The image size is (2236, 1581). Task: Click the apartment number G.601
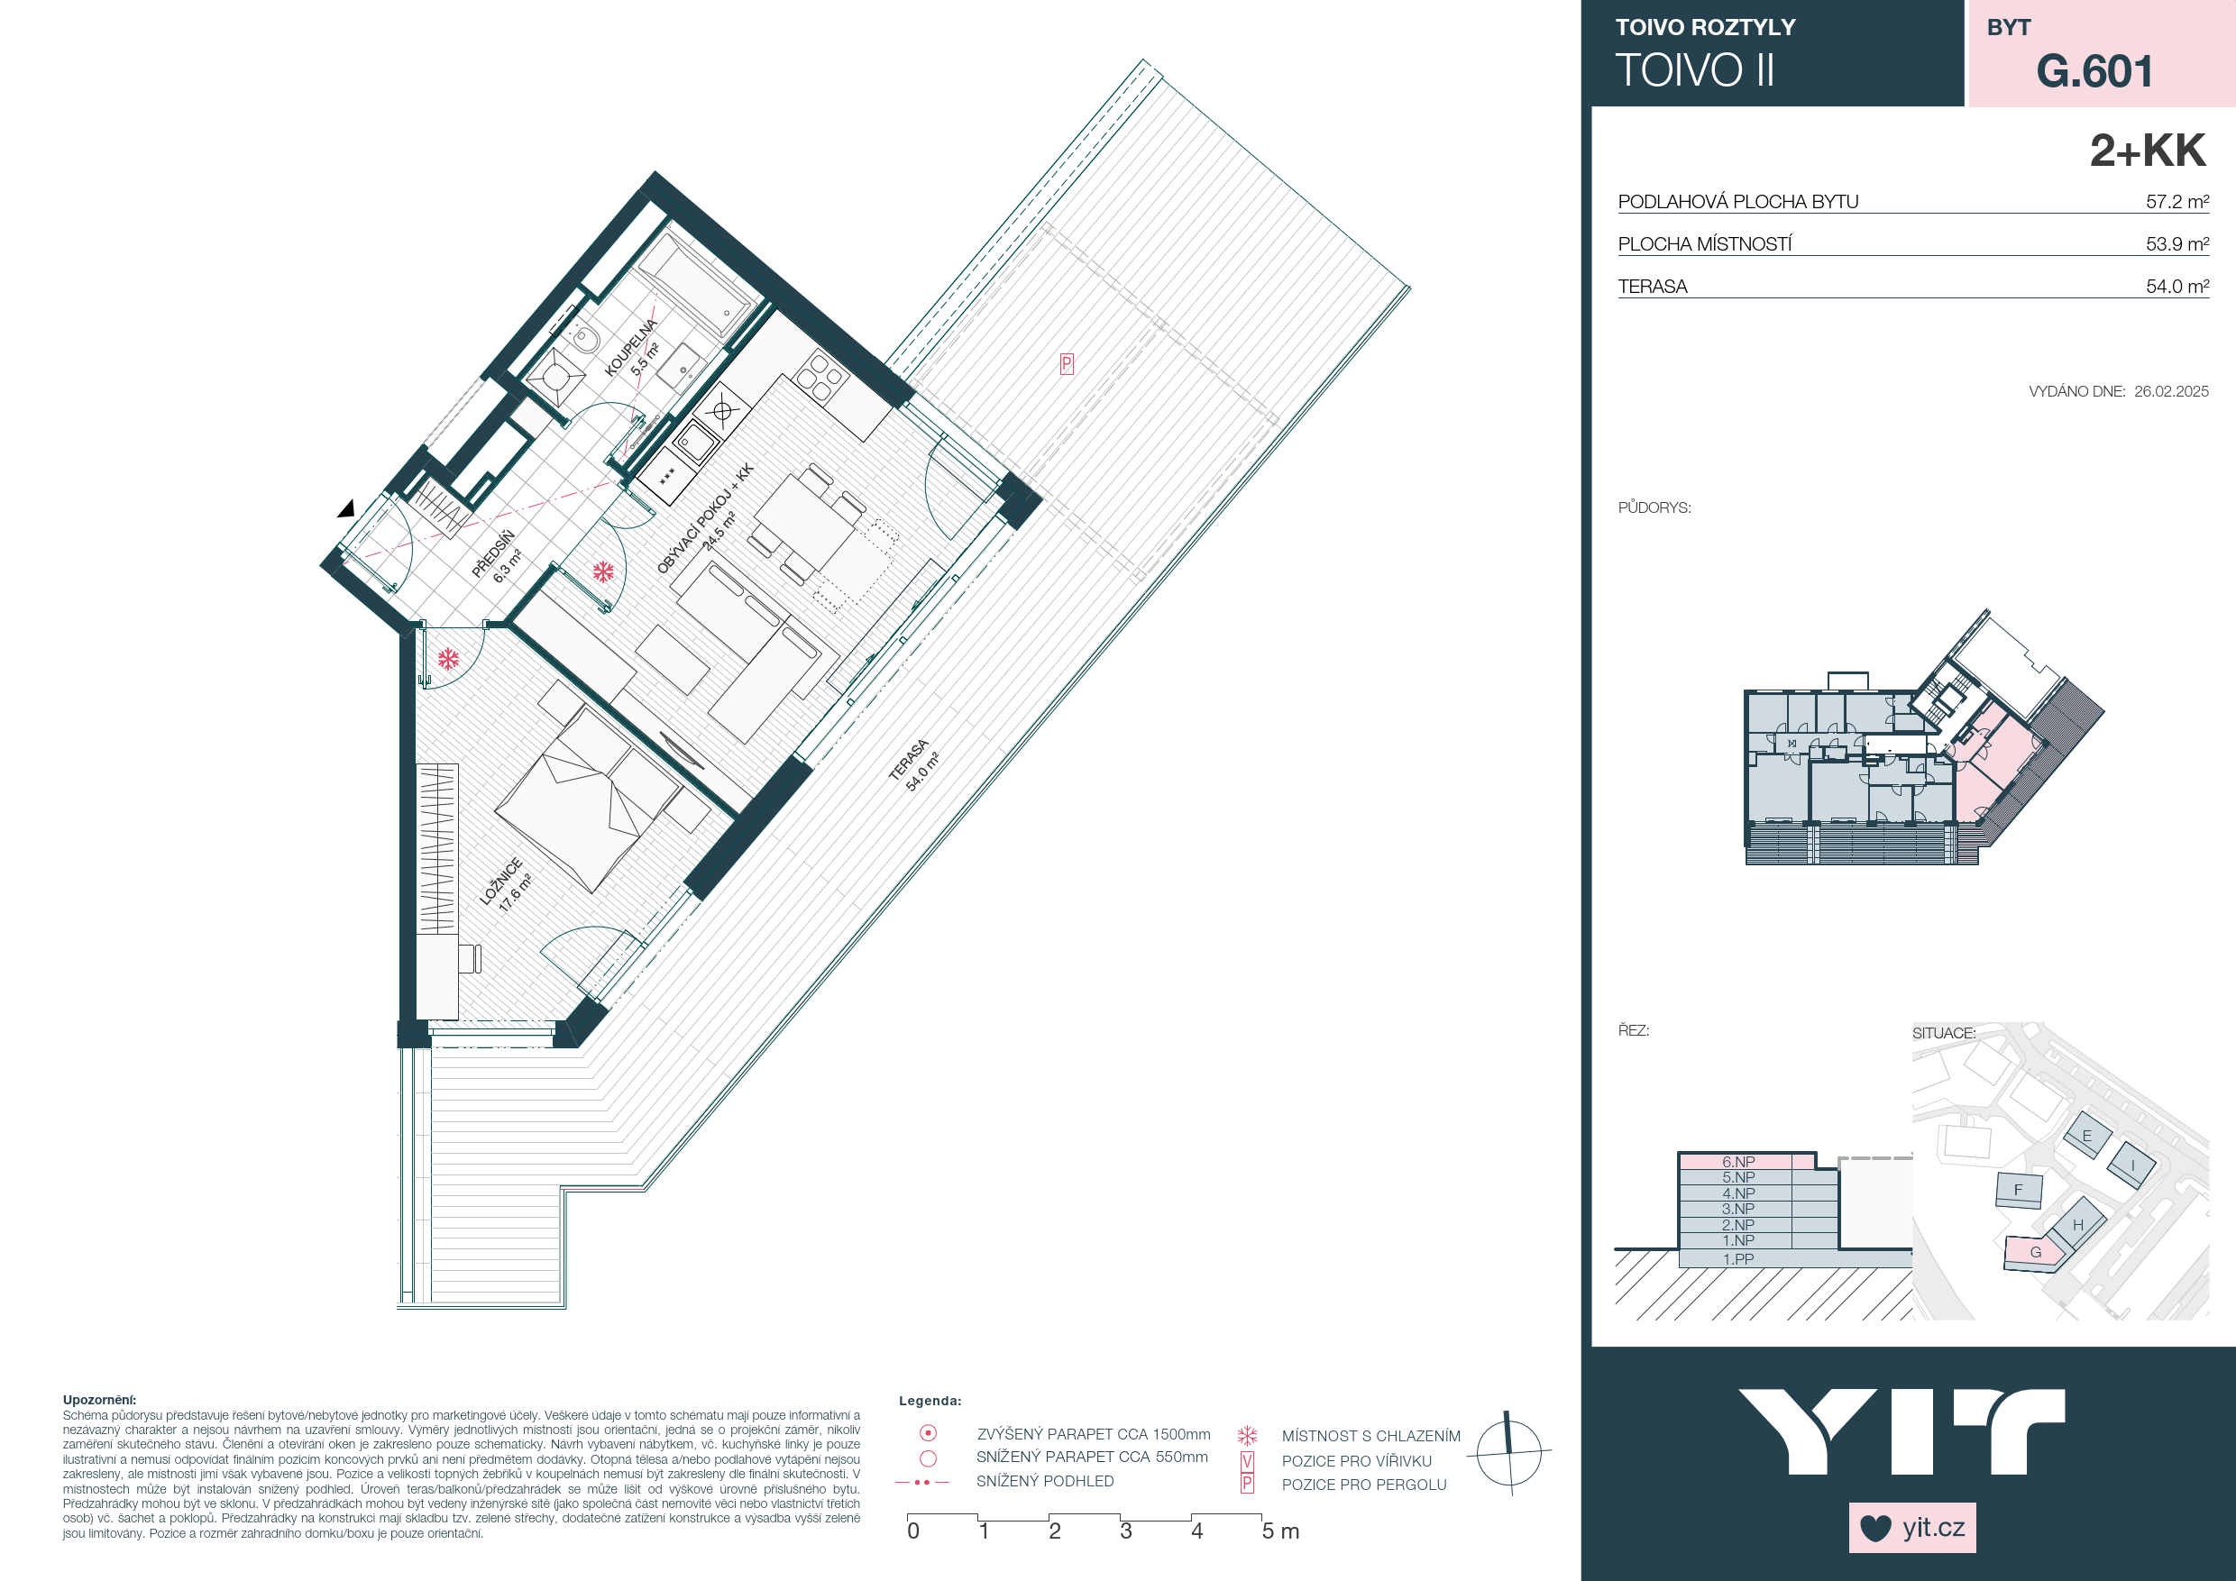tap(2094, 71)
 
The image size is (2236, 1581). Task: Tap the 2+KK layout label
tap(2148, 151)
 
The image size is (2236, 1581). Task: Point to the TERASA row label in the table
tap(1653, 287)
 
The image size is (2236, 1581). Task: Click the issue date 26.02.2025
tap(2171, 391)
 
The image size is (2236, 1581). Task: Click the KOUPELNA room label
tap(630, 348)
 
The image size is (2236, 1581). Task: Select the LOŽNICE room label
tap(501, 881)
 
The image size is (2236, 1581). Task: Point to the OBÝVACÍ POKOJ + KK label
tap(705, 518)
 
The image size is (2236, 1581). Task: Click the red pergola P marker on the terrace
tap(1067, 364)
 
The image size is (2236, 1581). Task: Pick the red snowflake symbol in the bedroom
tap(448, 660)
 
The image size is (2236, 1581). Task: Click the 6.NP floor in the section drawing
tap(1738, 1161)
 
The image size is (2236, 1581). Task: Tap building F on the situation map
tap(2018, 1190)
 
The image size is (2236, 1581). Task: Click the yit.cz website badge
tap(1912, 1528)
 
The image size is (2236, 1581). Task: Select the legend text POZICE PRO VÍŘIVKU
tap(1357, 1461)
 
